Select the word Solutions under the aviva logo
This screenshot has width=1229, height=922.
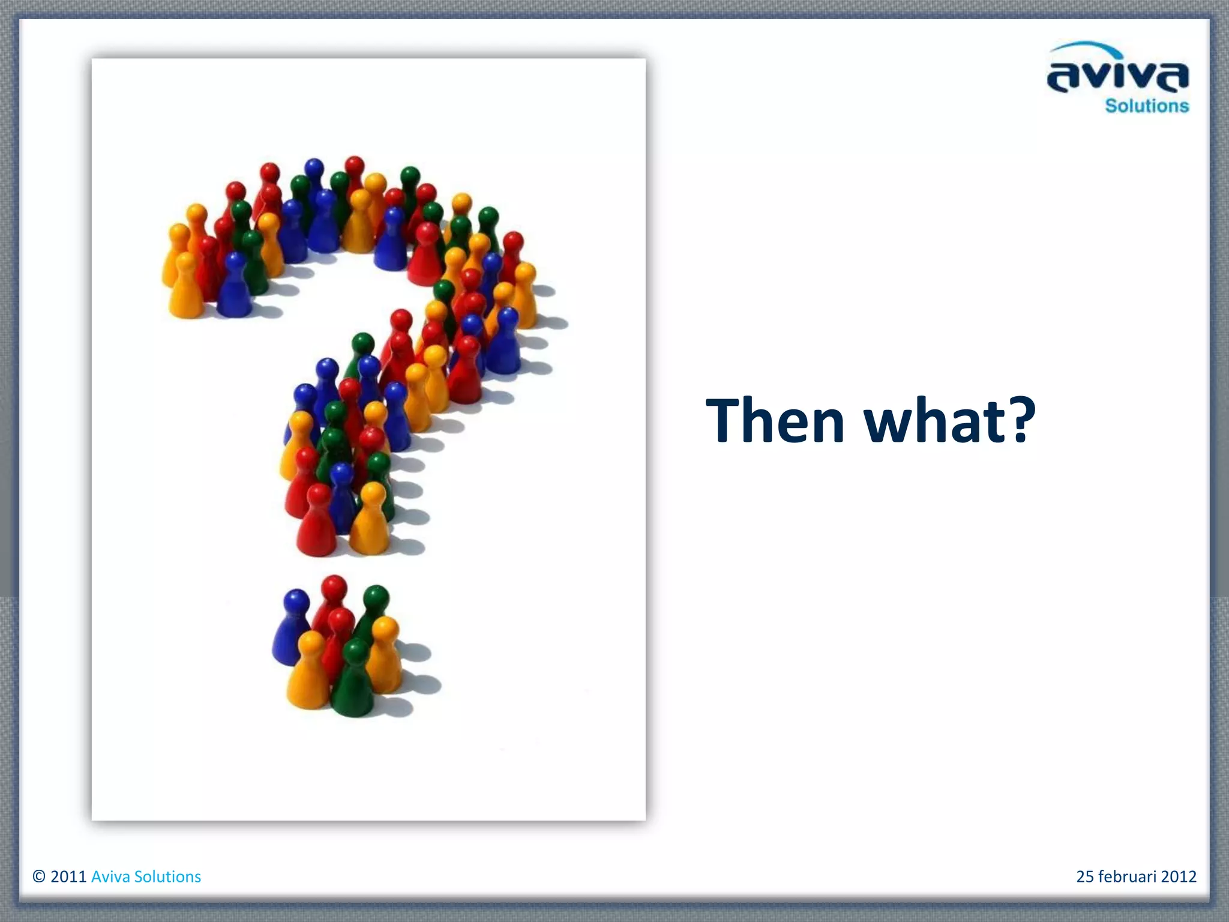tap(1147, 106)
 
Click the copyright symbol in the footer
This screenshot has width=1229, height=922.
tap(39, 877)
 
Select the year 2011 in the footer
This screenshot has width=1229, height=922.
tap(69, 877)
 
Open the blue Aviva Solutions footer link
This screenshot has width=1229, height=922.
tap(146, 877)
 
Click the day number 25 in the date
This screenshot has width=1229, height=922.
tap(1085, 877)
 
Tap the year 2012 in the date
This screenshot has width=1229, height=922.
tap(1179, 877)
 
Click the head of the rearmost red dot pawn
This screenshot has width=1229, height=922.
tap(334, 586)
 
